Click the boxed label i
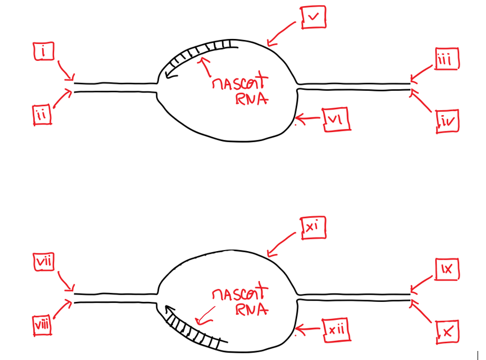(43, 52)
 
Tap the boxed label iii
(447, 59)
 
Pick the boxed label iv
(448, 120)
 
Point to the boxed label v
(313, 18)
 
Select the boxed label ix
(448, 270)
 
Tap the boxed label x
(448, 331)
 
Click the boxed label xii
(337, 330)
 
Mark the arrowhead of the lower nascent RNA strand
(168, 310)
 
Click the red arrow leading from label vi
(309, 118)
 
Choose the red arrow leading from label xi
(282, 245)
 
